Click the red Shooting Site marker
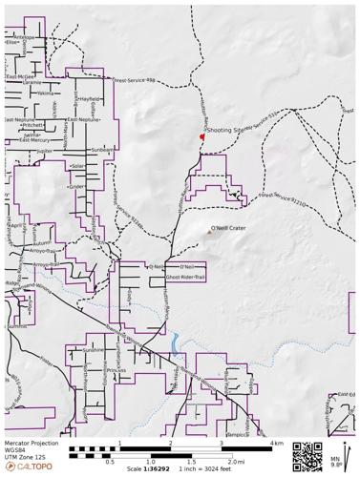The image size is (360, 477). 201,137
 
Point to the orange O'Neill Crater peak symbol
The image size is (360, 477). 211,229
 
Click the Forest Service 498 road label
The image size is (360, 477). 135,81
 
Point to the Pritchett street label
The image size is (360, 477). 33,125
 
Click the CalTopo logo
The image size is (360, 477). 28,467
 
